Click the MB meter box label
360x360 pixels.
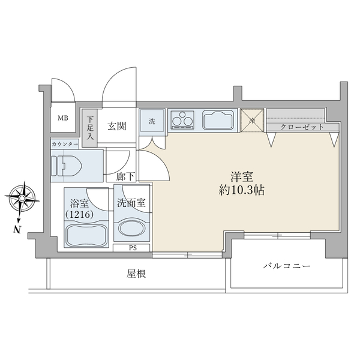tap(62, 118)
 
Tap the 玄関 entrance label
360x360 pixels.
tap(117, 126)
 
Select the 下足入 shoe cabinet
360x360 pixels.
tap(91, 128)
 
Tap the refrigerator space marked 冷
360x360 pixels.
tap(252, 120)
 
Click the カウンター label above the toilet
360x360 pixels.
tap(65, 145)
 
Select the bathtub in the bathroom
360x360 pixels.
tap(86, 234)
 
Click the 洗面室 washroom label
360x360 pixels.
tap(131, 203)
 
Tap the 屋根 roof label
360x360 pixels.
tap(137, 274)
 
